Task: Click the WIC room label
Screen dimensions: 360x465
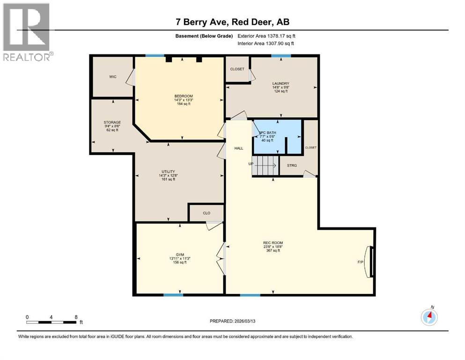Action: pos(112,76)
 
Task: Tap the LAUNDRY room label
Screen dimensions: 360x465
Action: pos(281,83)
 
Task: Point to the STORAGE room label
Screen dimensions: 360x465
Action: pos(112,122)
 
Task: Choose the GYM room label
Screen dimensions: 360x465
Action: pos(180,255)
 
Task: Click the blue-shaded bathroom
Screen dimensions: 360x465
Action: pos(276,137)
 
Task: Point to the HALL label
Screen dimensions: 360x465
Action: pos(239,148)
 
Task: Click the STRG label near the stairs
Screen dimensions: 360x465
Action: pos(292,165)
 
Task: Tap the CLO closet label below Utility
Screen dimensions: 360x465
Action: pos(207,213)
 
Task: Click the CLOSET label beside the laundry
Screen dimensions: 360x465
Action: pos(237,69)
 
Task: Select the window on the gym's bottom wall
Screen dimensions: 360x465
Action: pos(173,295)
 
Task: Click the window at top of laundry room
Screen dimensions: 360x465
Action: pos(281,56)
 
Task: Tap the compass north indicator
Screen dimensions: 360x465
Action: pos(429,316)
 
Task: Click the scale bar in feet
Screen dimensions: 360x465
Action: pos(52,322)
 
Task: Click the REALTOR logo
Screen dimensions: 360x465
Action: pos(27,32)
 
